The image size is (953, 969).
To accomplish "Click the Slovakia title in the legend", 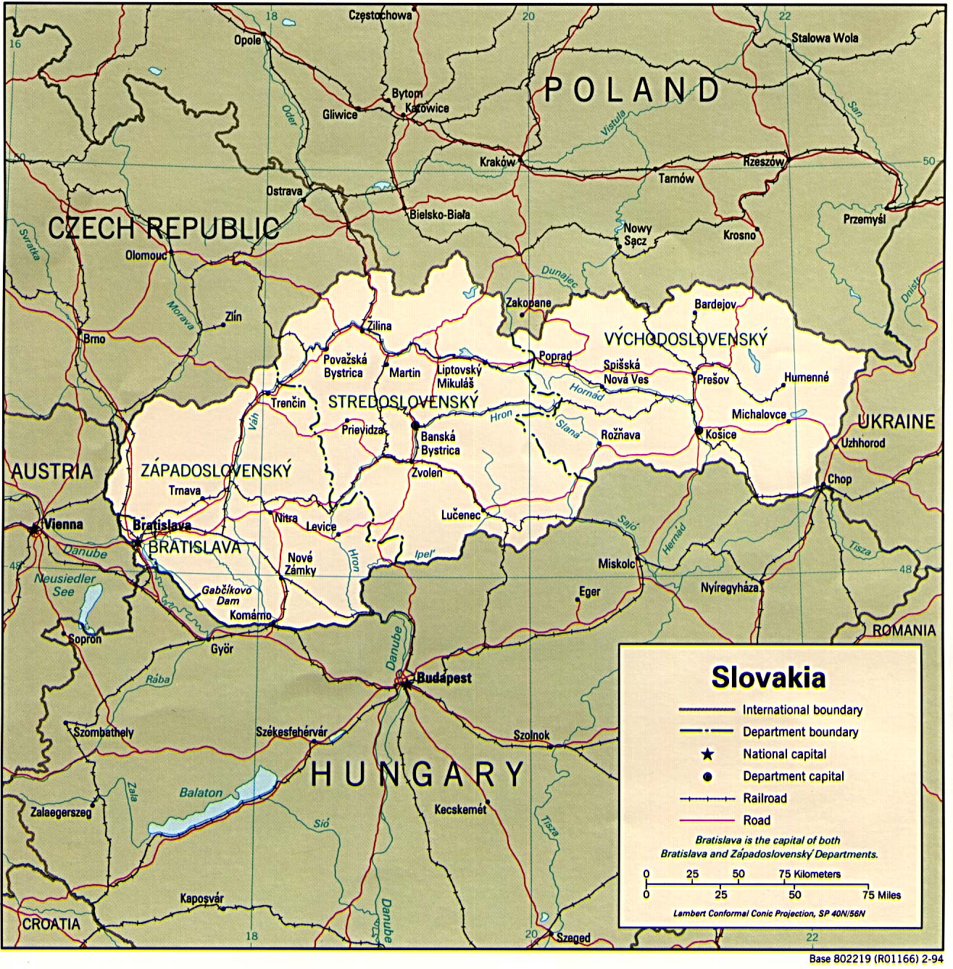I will point(768,677).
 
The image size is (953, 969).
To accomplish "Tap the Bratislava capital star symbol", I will point(137,541).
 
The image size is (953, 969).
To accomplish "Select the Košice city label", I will point(720,434).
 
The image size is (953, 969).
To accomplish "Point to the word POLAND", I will point(631,90).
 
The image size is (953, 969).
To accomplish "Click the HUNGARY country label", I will point(417,775).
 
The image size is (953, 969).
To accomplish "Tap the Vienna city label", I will point(63,524).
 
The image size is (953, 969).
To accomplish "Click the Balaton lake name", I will point(201,793).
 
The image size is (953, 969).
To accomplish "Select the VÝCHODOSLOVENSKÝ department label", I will point(686,339).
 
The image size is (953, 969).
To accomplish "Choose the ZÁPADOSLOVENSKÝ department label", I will point(216,471).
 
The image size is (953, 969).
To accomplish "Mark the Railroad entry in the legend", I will point(765,798).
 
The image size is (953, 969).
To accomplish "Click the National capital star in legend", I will point(708,754).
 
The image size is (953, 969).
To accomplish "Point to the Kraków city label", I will point(497,162).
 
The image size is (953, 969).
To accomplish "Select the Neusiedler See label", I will point(64,585).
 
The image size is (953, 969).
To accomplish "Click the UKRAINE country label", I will point(896,421).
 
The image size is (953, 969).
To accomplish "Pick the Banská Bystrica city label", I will point(440,443).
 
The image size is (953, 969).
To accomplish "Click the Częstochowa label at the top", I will point(380,15).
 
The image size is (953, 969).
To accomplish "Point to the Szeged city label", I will point(573,938).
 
